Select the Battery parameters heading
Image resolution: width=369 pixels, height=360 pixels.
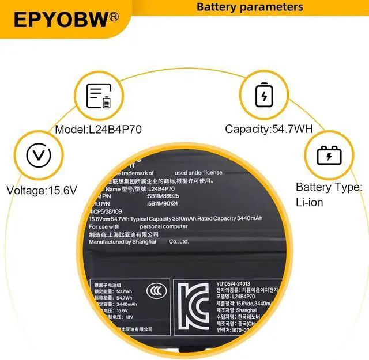(250, 7)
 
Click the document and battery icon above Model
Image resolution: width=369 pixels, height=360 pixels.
(98, 96)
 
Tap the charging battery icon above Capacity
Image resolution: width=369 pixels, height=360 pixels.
(264, 95)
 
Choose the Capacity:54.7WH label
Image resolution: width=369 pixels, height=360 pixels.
(269, 129)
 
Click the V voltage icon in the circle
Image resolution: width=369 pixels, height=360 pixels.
(35, 155)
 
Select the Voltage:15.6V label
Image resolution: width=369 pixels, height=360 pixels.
(41, 190)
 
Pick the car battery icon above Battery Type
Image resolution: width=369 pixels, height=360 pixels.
(329, 155)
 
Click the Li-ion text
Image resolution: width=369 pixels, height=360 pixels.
(310, 202)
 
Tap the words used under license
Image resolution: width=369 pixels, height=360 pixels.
(198, 173)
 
